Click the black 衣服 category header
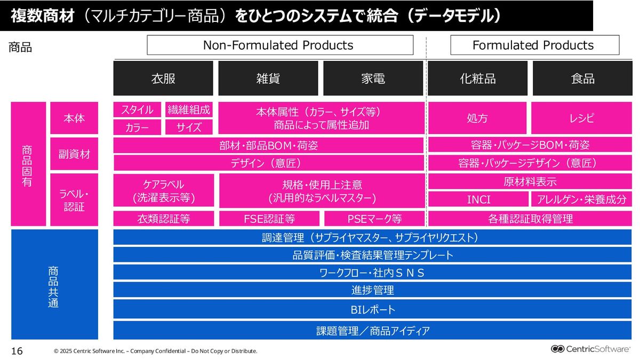163,78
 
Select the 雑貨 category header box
268,78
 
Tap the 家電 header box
373,78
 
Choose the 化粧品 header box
478,78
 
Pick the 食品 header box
582,78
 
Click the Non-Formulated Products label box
279,45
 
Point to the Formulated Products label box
534,45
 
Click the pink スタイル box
137,110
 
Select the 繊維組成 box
189,110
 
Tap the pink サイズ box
189,127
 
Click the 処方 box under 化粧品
478,118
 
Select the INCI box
478,199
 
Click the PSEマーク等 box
374,219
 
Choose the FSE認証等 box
269,219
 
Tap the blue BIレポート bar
372,309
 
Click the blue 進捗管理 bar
372,290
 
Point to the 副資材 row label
74,154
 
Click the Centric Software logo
591,349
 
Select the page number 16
17,350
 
